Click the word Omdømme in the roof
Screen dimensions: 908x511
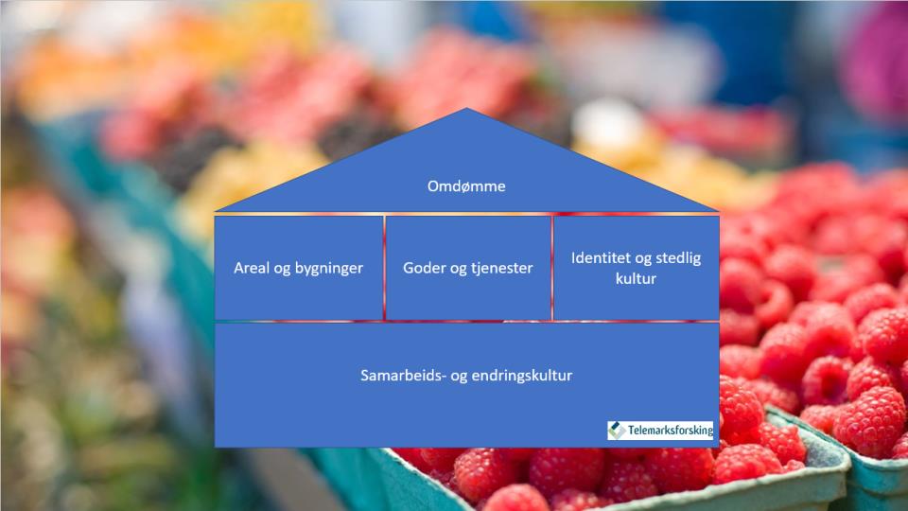click(x=466, y=186)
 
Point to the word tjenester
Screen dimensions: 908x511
click(x=501, y=268)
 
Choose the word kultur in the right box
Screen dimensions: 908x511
click(x=636, y=278)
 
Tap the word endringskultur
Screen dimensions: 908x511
click(x=522, y=376)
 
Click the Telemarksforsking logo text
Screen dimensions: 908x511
click(x=670, y=431)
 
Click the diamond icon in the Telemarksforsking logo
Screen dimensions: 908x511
click(x=616, y=431)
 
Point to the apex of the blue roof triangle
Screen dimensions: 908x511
click(x=466, y=108)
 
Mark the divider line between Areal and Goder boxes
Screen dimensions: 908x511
click(x=384, y=267)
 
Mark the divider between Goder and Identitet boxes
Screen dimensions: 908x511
click(x=552, y=267)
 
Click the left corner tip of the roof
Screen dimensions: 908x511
click(x=217, y=210)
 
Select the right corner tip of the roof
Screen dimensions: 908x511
click(x=717, y=210)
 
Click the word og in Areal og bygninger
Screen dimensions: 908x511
click(x=283, y=270)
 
